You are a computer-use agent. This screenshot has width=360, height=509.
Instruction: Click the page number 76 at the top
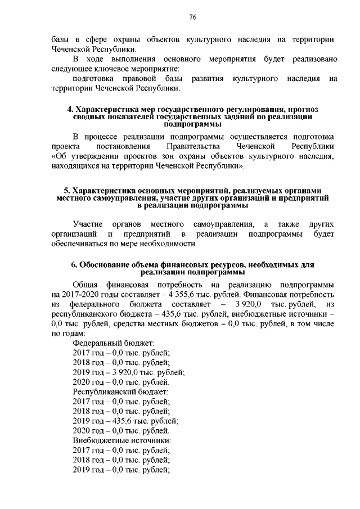192,17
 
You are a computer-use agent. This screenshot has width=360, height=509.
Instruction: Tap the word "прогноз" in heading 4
304,109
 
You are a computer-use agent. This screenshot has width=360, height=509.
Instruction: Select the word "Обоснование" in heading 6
106,265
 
